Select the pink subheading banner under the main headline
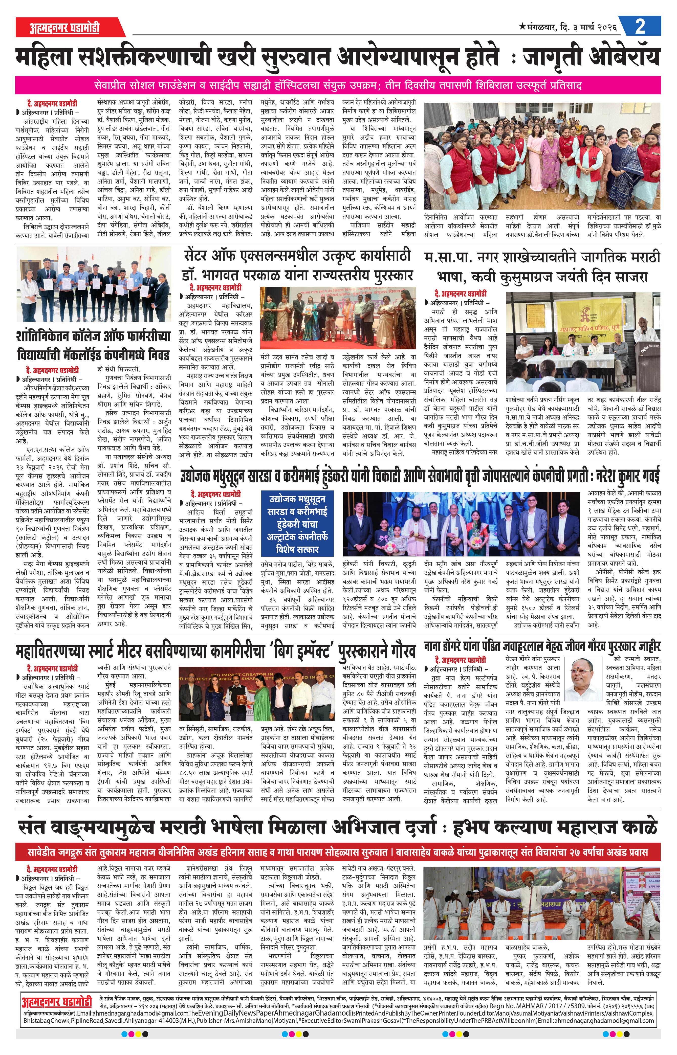(338, 85)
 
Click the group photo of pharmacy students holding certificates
(94, 286)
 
